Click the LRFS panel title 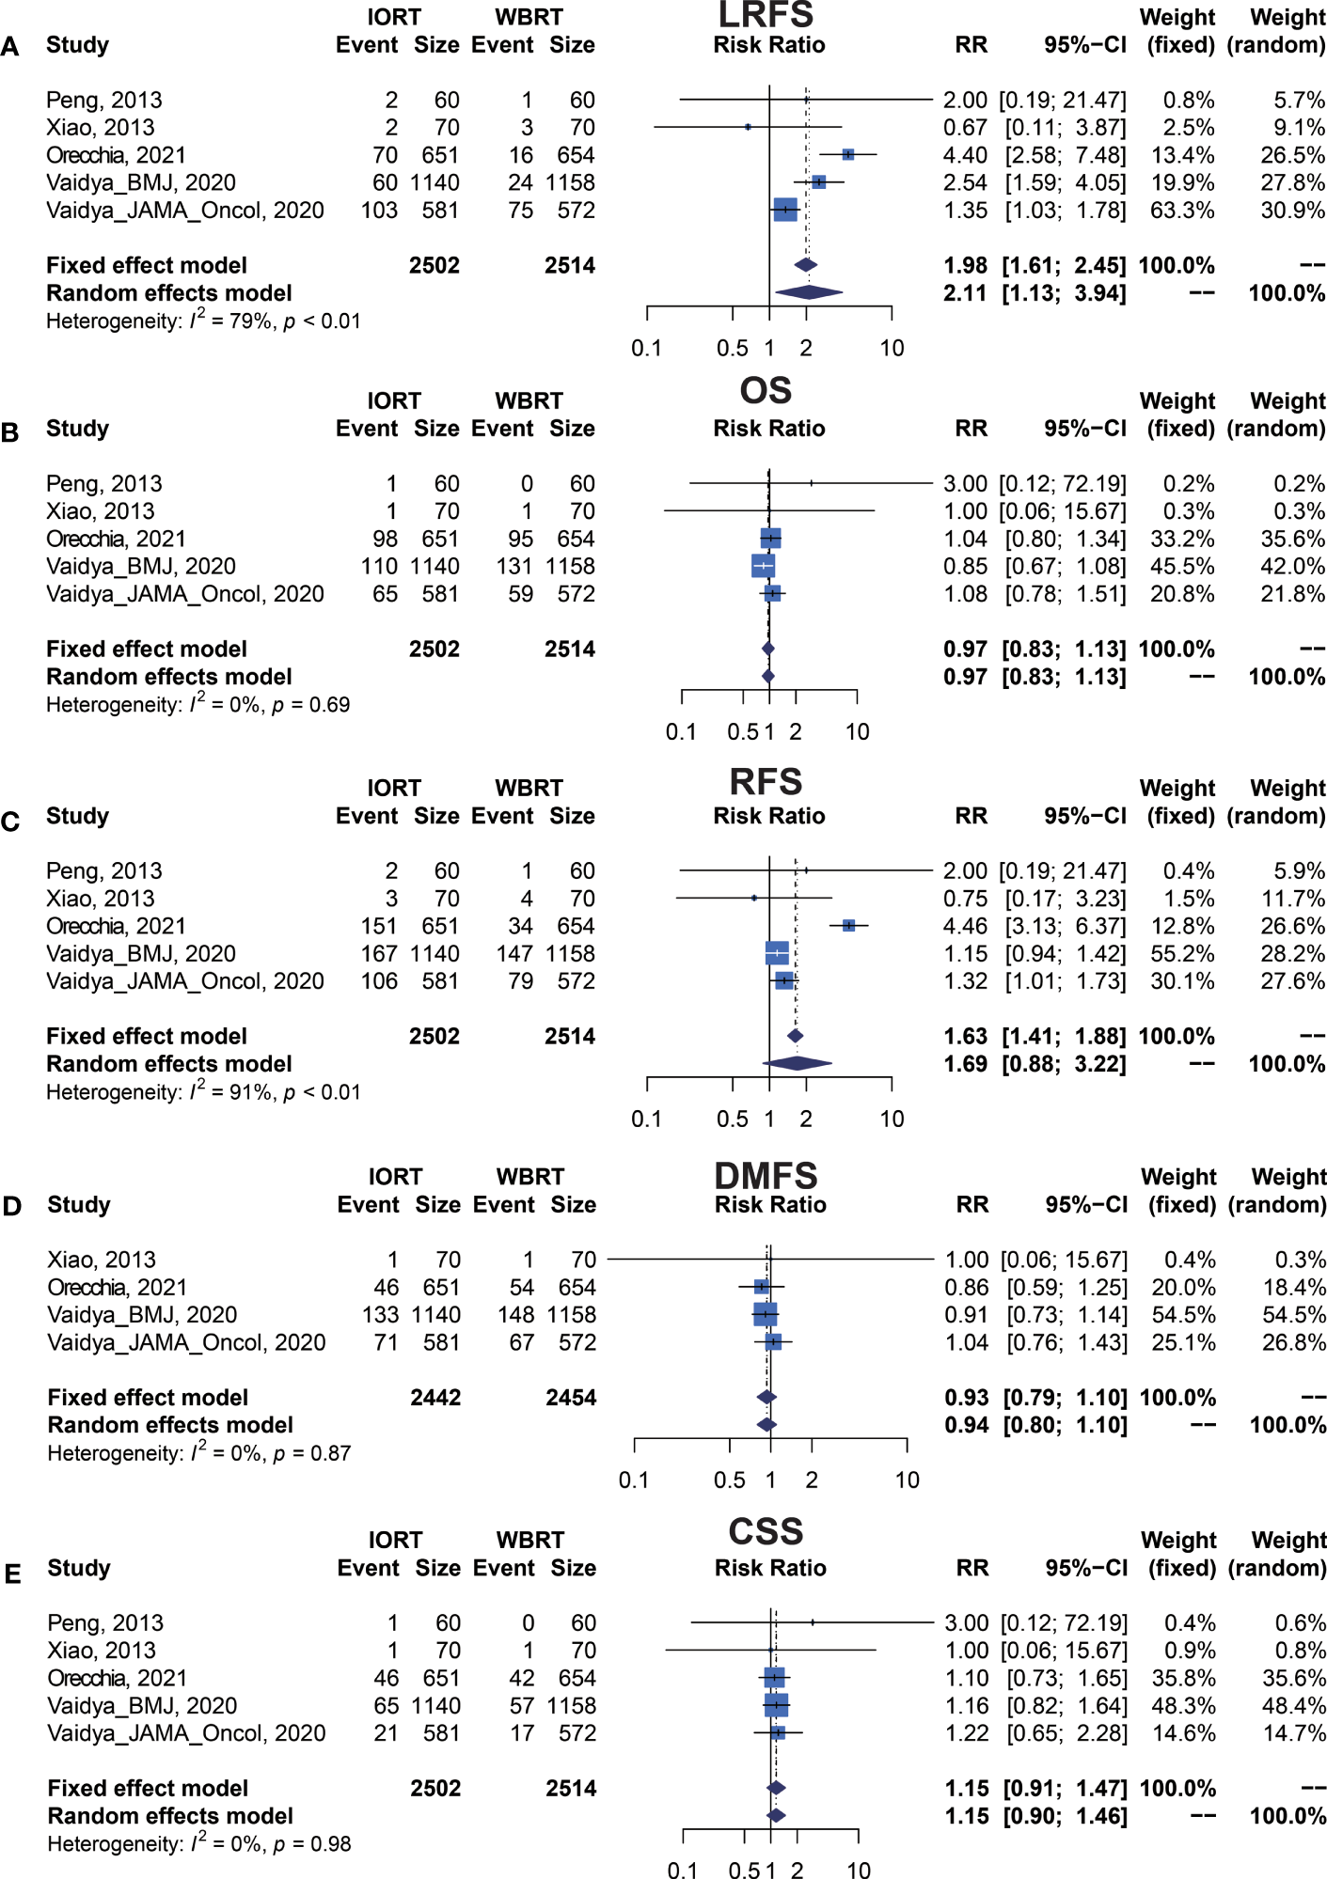[766, 15]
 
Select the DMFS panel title [766, 1175]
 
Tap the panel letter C [11, 822]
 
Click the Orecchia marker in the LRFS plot [847, 154]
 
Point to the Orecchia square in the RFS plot [848, 926]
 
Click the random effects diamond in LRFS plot [809, 292]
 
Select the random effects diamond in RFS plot [797, 1063]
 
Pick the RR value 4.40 [965, 155]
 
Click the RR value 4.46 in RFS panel [965, 926]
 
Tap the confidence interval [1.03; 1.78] [1065, 210]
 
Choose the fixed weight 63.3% [1182, 210]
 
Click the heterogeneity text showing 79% [203, 321]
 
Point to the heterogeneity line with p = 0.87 [199, 1453]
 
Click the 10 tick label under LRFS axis [892, 349]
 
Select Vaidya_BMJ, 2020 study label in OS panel [141, 566]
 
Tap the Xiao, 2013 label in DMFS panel [102, 1260]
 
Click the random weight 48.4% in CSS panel [1293, 1705]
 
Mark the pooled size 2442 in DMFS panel [435, 1398]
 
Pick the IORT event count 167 [379, 953]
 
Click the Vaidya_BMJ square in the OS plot [763, 566]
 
